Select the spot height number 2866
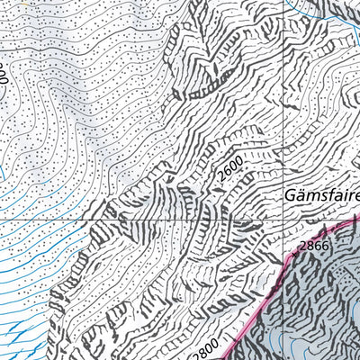click(x=314, y=245)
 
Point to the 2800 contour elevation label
click(x=205, y=343)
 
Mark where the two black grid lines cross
click(x=281, y=219)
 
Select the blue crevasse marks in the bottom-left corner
click(x=13, y=337)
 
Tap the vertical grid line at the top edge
click(x=281, y=3)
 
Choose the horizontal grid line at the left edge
click(x=3, y=219)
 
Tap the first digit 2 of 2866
click(x=303, y=245)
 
